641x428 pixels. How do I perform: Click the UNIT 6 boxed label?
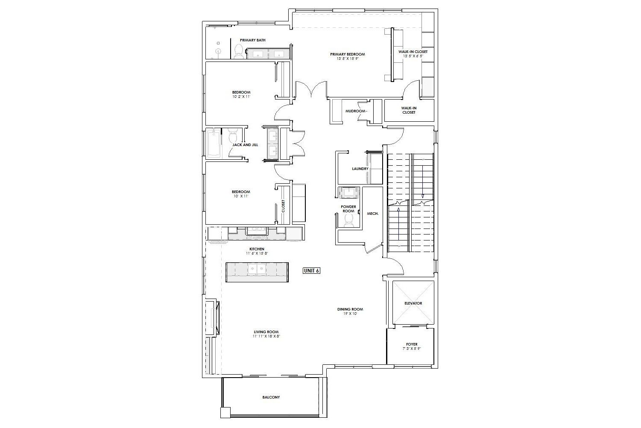[311, 270]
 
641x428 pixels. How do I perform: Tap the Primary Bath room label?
[253, 40]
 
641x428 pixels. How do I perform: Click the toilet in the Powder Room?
[348, 220]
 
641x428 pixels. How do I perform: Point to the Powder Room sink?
[349, 193]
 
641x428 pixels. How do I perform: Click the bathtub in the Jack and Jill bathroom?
[214, 144]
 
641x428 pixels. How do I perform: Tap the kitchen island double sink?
[257, 269]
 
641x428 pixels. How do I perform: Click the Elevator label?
[413, 303]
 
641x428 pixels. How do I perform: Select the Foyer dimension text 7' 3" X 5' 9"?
[412, 349]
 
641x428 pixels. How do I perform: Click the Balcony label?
[271, 397]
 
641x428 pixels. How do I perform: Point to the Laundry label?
[360, 169]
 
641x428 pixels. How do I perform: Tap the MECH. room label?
[373, 214]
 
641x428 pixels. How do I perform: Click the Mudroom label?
[355, 111]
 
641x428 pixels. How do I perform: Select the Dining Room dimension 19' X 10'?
[350, 314]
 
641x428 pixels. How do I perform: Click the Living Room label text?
[266, 332]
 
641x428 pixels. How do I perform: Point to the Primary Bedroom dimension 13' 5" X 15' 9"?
[348, 59]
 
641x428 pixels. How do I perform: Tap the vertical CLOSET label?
[283, 206]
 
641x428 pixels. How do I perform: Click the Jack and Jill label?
[245, 145]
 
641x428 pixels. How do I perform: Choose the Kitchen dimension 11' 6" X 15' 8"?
[257, 253]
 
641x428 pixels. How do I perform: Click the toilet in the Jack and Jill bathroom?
[233, 135]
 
